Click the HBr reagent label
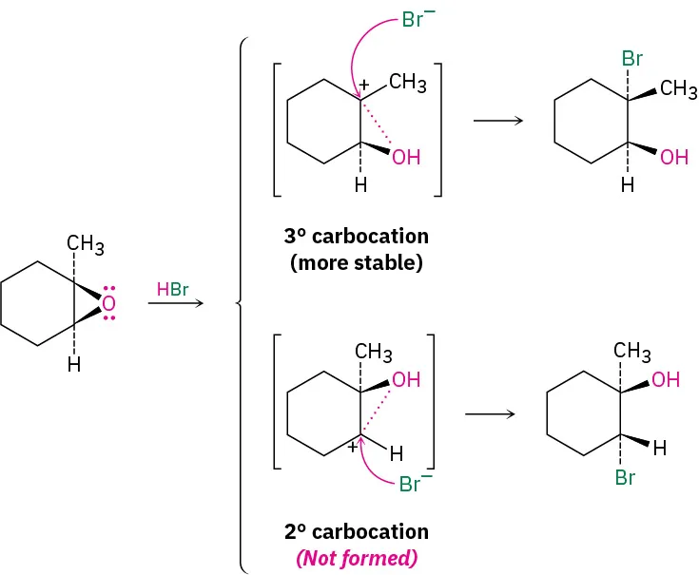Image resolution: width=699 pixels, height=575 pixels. point(173,287)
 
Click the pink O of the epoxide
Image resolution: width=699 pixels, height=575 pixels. point(108,304)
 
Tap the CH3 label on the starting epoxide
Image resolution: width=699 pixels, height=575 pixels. point(86,246)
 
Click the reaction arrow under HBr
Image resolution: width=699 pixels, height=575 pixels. point(176,304)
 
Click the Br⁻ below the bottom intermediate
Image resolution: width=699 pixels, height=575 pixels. point(411,485)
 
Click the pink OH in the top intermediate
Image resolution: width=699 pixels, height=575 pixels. point(406,157)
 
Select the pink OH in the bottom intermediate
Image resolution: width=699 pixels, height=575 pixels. point(406,379)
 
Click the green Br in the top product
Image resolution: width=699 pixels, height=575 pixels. point(632,58)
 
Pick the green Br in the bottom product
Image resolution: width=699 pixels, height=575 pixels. point(624,478)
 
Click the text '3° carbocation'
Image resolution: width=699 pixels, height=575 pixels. point(356,236)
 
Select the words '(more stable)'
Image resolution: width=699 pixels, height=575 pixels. point(356,262)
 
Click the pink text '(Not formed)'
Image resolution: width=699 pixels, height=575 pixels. point(356,558)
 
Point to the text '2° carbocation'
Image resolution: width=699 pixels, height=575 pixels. point(356,531)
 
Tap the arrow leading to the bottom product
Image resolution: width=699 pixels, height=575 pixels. point(489,413)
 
